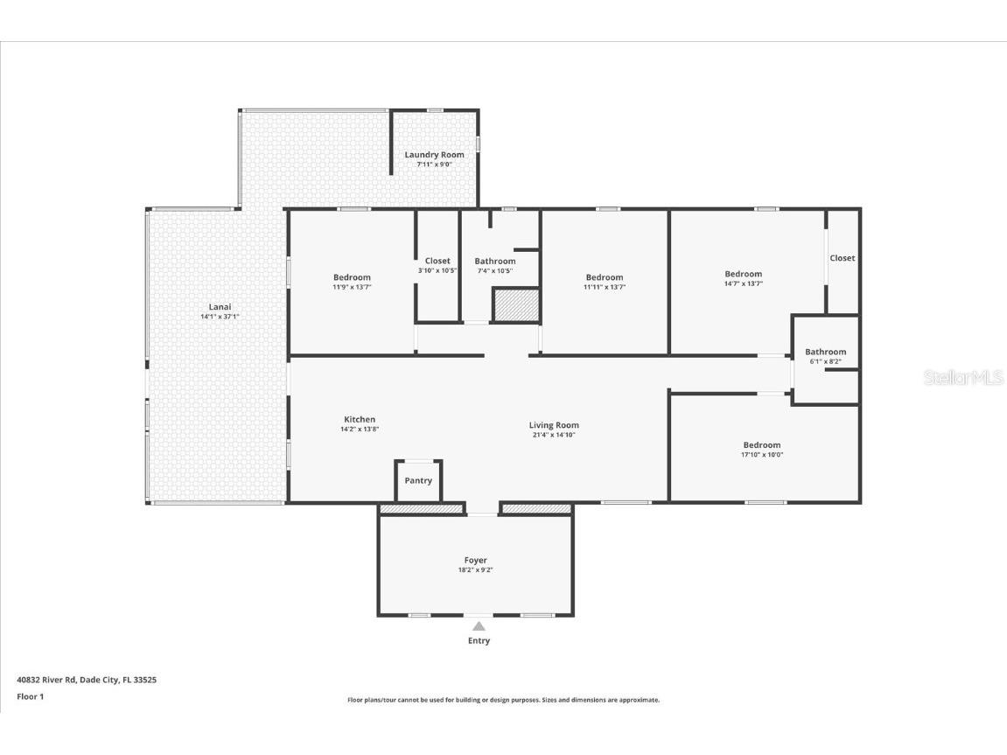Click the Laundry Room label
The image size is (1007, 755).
[x=434, y=155]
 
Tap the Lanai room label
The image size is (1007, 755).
[x=220, y=307]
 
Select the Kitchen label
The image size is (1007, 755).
[x=360, y=419]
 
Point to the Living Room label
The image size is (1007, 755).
[x=554, y=425]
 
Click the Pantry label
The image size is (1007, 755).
[x=418, y=480]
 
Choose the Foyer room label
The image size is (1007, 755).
[x=475, y=560]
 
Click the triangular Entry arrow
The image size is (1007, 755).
[x=479, y=626]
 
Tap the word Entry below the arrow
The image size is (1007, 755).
[x=479, y=640]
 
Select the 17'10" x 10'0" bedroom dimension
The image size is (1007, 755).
[x=762, y=455]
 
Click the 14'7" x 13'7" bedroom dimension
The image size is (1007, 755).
[x=743, y=283]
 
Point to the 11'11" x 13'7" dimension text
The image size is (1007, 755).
[x=605, y=287]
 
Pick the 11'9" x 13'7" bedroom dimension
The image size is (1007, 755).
[x=352, y=287]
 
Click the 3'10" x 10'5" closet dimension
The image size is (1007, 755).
[x=437, y=270]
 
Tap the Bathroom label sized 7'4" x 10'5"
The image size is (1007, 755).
[x=495, y=262]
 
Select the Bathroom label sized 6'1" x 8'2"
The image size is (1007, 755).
[x=825, y=352]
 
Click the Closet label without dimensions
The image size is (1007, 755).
[x=842, y=258]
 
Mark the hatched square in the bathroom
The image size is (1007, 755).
[x=515, y=305]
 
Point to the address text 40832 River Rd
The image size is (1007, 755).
[x=46, y=679]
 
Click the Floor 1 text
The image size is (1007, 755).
[x=31, y=696]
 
